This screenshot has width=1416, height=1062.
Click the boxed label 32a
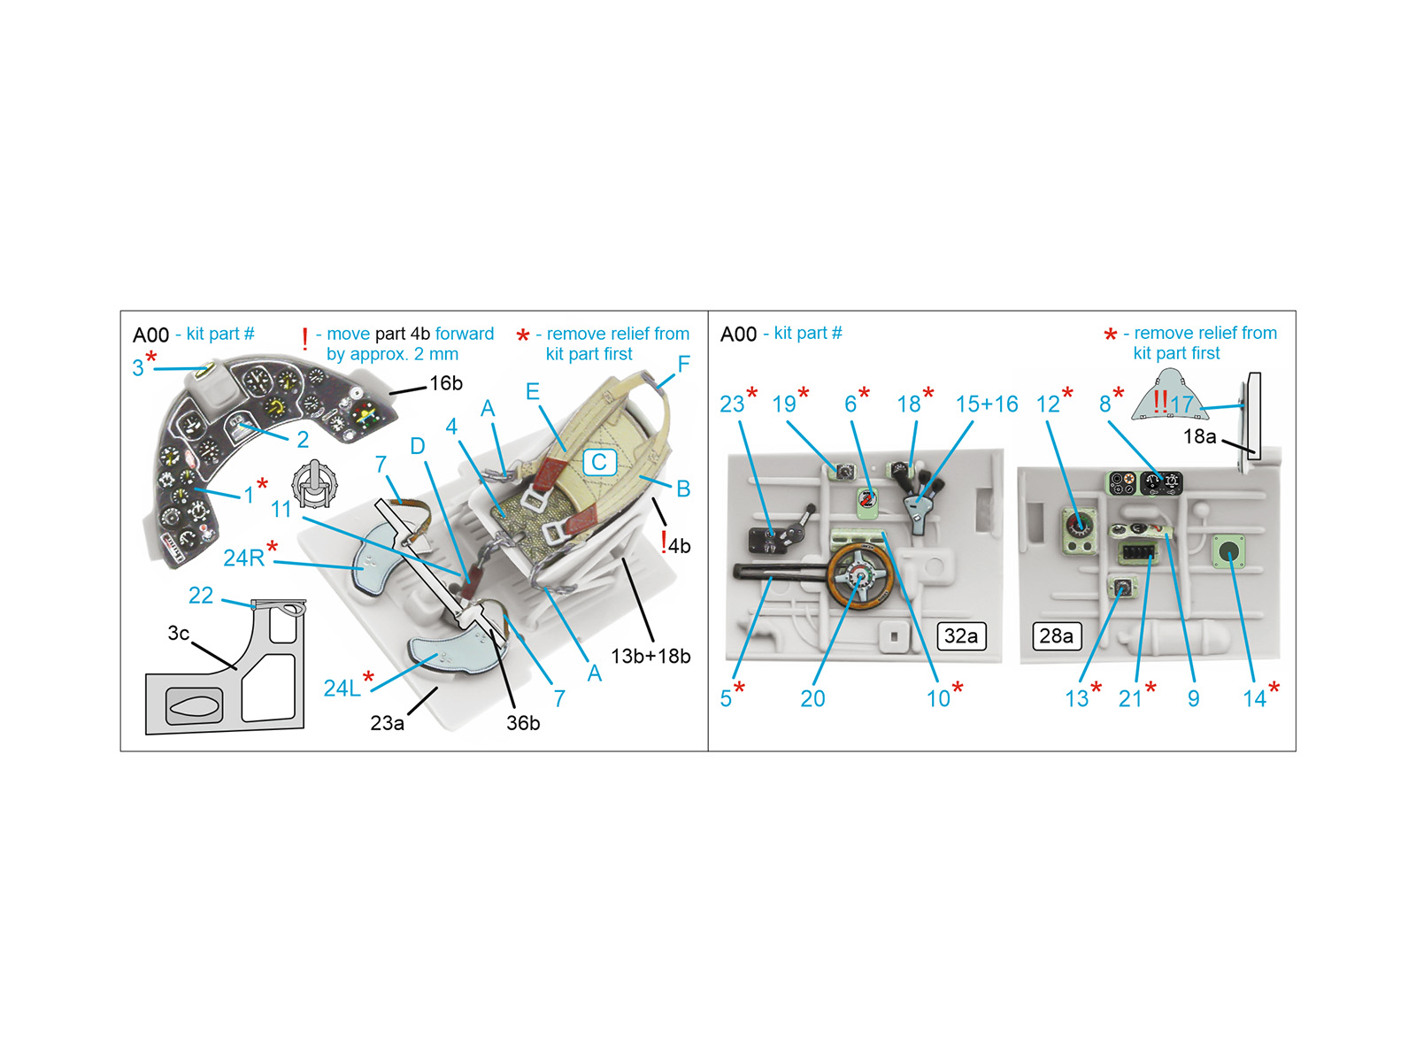960,635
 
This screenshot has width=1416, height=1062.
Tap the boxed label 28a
1056,635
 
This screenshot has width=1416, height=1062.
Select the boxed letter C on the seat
599,462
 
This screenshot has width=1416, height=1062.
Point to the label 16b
446,383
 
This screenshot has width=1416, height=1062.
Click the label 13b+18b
650,656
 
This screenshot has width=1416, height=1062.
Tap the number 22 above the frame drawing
201,595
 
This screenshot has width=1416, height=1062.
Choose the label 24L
342,688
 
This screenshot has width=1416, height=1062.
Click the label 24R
244,558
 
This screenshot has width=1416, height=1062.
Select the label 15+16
986,404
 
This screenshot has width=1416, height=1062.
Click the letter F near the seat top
683,364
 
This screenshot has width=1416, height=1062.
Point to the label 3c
179,633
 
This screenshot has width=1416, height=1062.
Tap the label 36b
522,723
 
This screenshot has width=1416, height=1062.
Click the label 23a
387,723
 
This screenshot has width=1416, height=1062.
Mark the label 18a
1199,436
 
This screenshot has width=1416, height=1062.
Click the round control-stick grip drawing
314,483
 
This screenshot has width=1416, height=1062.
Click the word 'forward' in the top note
465,334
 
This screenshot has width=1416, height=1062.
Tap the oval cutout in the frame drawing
194,704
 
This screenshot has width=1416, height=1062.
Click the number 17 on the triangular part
1181,404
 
